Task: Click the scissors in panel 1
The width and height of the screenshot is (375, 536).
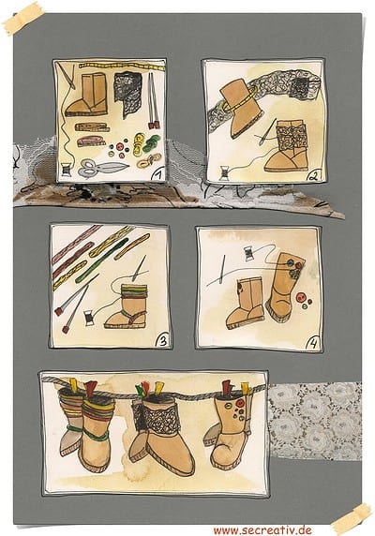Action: tap(102, 168)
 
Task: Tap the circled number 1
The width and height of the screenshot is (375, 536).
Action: tap(157, 175)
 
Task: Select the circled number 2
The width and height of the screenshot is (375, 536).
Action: tap(313, 176)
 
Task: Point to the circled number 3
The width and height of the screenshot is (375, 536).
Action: tap(162, 340)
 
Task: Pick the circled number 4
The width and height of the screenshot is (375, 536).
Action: tap(313, 343)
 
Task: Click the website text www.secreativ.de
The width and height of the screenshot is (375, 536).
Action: tap(262, 530)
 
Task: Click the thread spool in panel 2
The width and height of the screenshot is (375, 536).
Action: tap(225, 172)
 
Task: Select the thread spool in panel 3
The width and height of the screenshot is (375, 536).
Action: tap(89, 318)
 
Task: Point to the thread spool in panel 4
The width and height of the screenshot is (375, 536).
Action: tap(249, 253)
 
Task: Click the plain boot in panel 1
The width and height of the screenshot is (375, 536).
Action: tap(87, 95)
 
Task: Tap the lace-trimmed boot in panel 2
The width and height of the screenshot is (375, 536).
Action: tap(288, 145)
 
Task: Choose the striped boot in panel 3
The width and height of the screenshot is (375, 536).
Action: tap(127, 305)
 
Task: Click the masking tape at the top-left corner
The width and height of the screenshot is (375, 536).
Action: tap(22, 18)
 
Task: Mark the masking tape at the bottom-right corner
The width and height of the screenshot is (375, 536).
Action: tap(352, 519)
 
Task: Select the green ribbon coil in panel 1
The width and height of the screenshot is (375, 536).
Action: tap(152, 143)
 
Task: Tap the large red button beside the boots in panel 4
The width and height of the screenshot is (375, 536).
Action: tap(301, 297)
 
